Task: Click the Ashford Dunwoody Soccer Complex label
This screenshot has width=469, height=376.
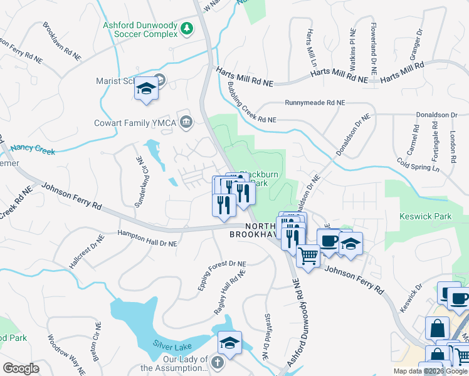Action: pyautogui.click(x=140, y=29)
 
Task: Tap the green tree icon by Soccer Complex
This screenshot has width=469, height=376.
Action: pyautogui.click(x=186, y=28)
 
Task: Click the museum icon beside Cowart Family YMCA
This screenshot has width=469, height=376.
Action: pyautogui.click(x=186, y=121)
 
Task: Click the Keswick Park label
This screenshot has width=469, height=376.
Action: pyautogui.click(x=426, y=216)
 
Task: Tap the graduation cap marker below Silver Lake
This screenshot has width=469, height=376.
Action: pyautogui.click(x=229, y=342)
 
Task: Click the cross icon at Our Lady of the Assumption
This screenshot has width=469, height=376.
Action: pyautogui.click(x=217, y=362)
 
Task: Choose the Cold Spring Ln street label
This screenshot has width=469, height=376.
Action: pyautogui.click(x=419, y=164)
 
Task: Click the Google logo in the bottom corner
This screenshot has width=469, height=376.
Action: pyautogui.click(x=21, y=368)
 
